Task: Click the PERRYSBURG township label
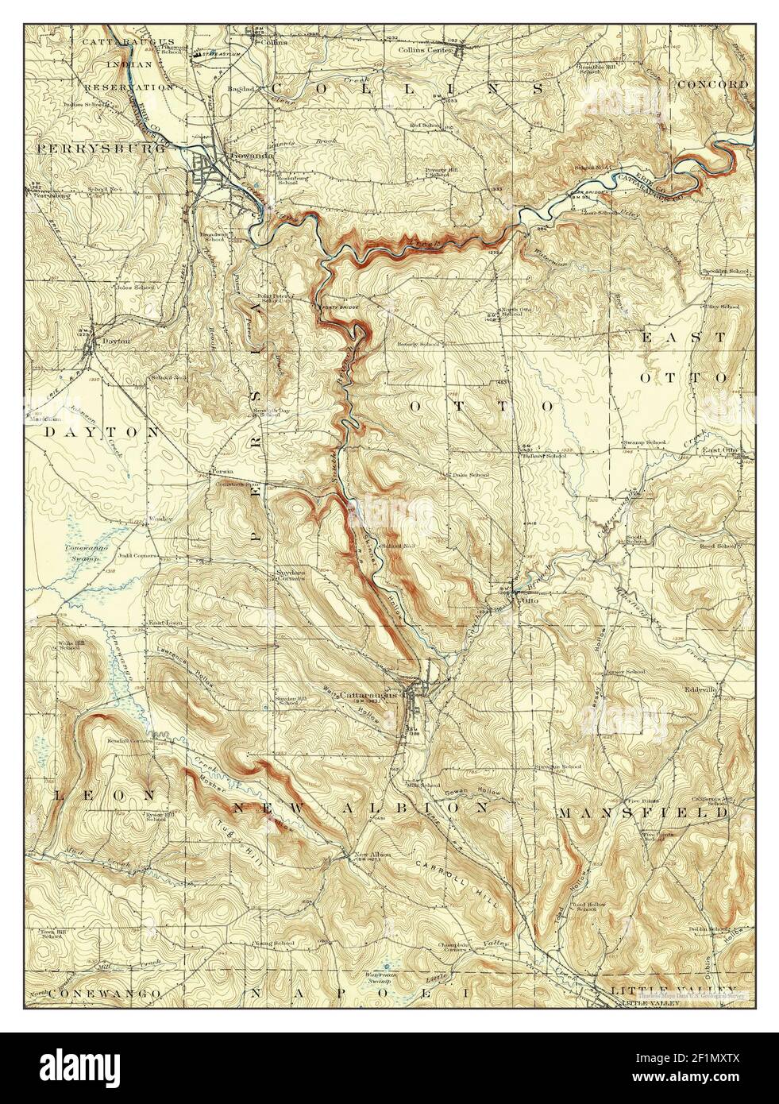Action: click(x=98, y=148)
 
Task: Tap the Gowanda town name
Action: click(x=247, y=156)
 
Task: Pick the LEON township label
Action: click(x=75, y=794)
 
